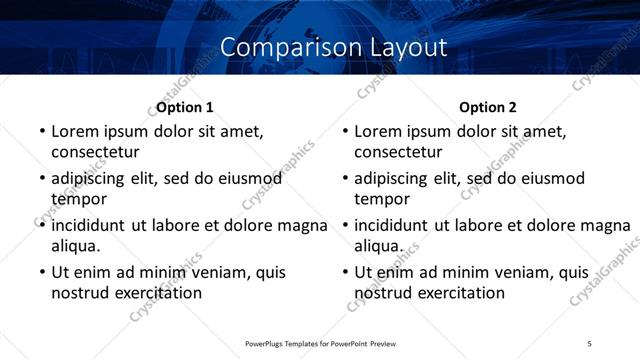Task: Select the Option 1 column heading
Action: coord(185,107)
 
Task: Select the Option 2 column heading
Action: coord(488,107)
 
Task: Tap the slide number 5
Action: coord(590,343)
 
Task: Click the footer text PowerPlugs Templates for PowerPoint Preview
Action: coord(320,343)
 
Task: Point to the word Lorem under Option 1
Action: coord(76,131)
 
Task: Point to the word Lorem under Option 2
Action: coord(379,131)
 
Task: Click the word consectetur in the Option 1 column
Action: coord(95,152)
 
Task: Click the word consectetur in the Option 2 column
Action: coord(398,152)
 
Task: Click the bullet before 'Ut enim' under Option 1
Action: coord(41,272)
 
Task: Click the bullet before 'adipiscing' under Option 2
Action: coord(344,179)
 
